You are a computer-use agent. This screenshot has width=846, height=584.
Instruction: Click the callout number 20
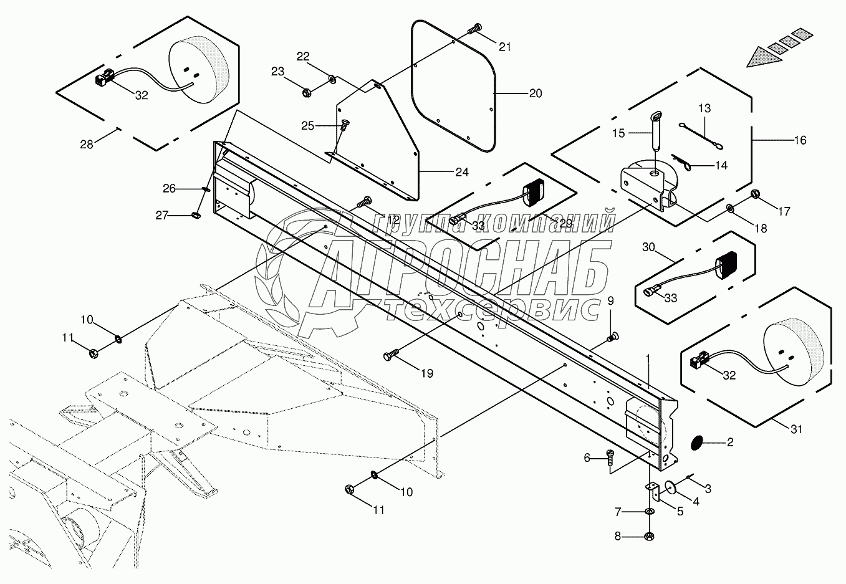[x=535, y=93]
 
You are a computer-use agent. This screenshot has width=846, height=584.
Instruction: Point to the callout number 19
[x=427, y=373]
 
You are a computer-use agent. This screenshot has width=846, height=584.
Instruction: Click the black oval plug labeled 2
[x=696, y=443]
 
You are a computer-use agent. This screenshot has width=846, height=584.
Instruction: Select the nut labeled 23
[x=307, y=93]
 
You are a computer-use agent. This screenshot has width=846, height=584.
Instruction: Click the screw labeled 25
[x=343, y=126]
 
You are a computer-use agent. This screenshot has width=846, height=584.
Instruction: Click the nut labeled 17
[x=756, y=193]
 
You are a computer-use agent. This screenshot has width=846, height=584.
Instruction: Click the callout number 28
[x=87, y=144]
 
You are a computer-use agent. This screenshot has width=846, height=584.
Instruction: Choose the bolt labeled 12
[x=365, y=202]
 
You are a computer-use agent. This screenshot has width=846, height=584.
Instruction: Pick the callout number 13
[x=704, y=108]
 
